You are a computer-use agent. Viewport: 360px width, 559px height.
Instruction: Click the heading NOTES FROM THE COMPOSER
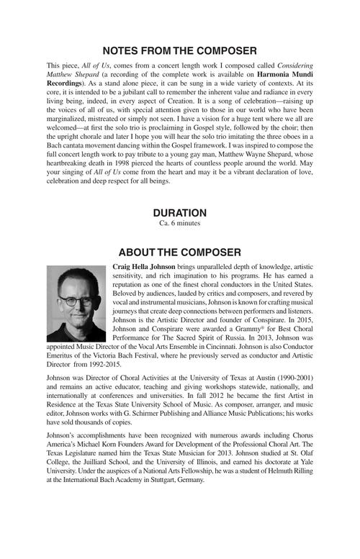point(179,51)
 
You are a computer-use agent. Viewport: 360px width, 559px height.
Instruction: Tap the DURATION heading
point(179,213)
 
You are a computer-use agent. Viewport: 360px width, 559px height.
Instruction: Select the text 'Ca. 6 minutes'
point(179,224)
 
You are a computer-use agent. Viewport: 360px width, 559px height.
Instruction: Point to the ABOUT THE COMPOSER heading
point(179,253)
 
